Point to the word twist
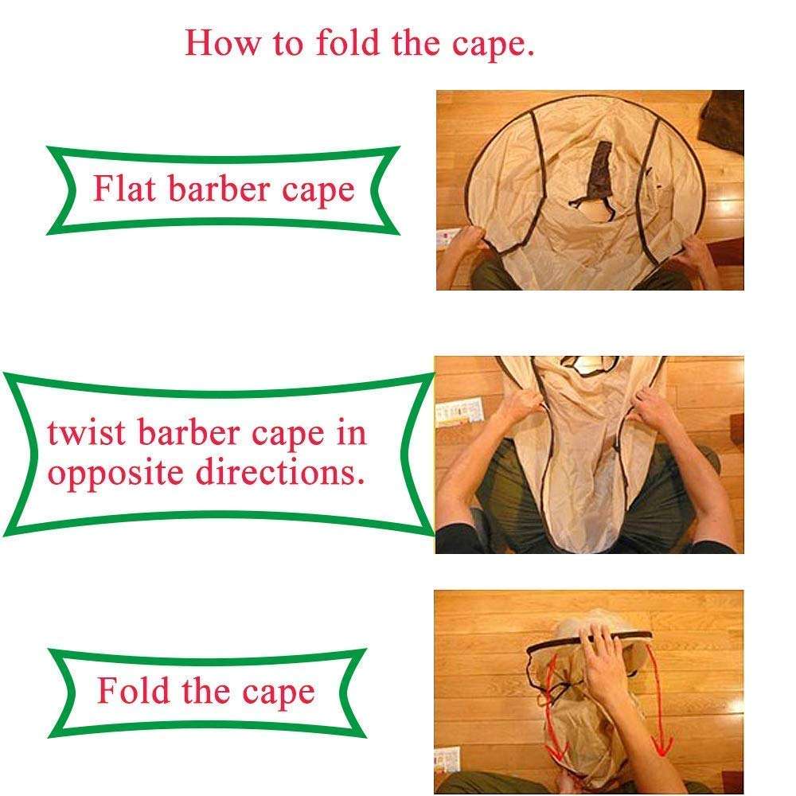pos(86,434)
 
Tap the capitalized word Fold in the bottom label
pos(131,690)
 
